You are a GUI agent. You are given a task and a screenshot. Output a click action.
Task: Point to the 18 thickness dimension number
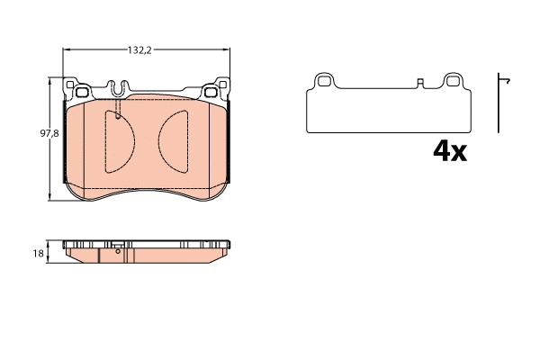tap(39, 254)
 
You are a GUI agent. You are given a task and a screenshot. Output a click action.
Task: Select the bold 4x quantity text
tap(449, 151)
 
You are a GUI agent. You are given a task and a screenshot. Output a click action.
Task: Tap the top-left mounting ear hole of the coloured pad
tap(79, 90)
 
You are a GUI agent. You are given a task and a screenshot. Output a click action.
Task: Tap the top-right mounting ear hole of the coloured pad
tap(213, 90)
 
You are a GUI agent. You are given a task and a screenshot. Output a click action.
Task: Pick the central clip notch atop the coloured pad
tap(117, 89)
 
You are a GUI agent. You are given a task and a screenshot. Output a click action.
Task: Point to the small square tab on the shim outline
tap(420, 85)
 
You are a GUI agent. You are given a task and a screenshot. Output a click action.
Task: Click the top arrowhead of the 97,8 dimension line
tap(49, 79)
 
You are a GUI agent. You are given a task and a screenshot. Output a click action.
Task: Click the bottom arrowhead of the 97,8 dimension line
tap(49, 202)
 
